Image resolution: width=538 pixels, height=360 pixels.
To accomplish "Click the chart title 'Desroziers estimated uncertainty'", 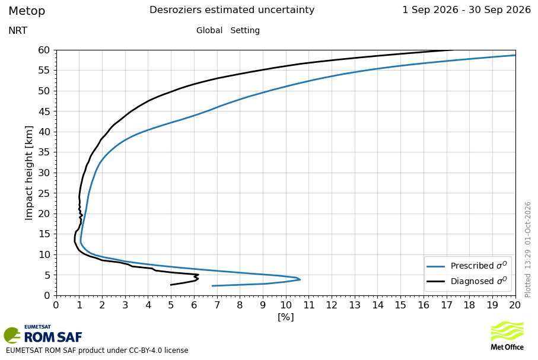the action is [232, 10].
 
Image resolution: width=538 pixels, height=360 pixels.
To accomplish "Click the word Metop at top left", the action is [27, 11].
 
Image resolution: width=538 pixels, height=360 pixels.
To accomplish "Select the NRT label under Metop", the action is [18, 30].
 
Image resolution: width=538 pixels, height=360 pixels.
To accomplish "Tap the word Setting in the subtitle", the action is [245, 30].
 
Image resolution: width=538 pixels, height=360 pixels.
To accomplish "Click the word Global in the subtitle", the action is [209, 30].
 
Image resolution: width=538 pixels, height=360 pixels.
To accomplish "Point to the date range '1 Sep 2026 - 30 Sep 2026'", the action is [467, 10].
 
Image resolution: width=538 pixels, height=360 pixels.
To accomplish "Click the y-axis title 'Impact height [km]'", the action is [29, 173].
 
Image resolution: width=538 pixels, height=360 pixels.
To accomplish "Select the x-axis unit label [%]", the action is [286, 317].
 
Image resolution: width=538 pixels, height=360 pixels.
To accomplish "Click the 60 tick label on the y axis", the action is [44, 50].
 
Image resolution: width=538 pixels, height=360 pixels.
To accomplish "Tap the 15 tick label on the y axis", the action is [44, 234].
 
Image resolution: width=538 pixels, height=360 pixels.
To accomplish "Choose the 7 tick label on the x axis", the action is [217, 305].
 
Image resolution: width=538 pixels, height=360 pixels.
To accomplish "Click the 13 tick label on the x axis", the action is [355, 305].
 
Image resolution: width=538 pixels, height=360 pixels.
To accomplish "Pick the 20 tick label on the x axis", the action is [515, 305].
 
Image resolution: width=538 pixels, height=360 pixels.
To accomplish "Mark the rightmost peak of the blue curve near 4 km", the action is [300, 280].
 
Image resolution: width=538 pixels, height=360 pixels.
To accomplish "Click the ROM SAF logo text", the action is [53, 337].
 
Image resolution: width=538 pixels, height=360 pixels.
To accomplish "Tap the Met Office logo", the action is [507, 336].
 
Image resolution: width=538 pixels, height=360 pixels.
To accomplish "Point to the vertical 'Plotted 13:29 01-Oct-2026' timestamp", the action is [528, 250].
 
